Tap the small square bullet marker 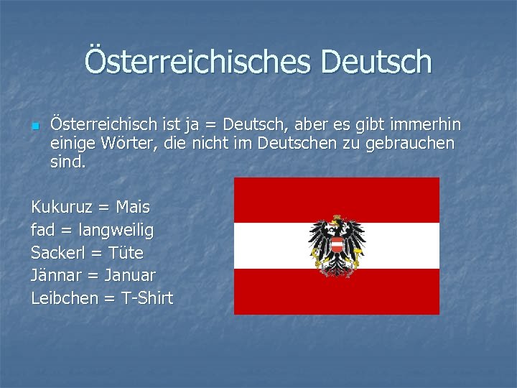pyautogui.click(x=34, y=126)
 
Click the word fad pyautogui.click(x=44, y=230)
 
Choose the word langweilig pyautogui.click(x=112, y=231)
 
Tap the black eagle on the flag pyautogui.click(x=336, y=244)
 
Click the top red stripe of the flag pyautogui.click(x=336, y=199)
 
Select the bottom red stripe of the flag pyautogui.click(x=336, y=293)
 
